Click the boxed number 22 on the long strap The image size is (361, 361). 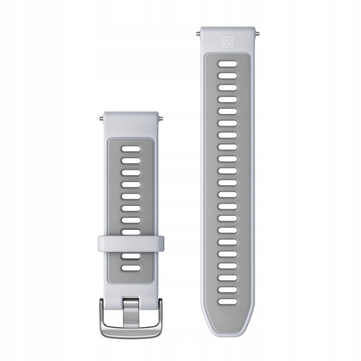pyautogui.click(x=227, y=42)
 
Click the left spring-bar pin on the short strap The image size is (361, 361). pyautogui.click(x=102, y=118)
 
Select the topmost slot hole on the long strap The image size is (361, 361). pyautogui.click(x=227, y=64)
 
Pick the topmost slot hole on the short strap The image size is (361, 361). pyautogui.click(x=131, y=149)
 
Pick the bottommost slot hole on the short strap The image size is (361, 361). pyautogui.click(x=131, y=268)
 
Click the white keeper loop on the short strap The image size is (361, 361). pyautogui.click(x=131, y=244)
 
